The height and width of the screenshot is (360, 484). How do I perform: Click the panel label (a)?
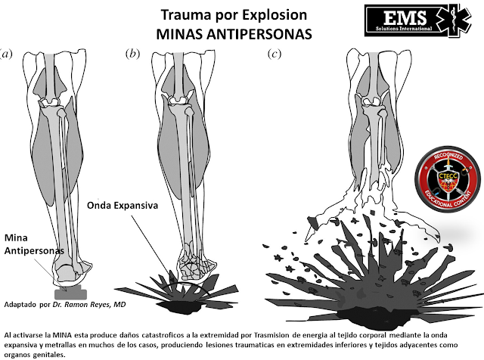tap(6, 54)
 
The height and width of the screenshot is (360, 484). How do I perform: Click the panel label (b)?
tap(132, 54)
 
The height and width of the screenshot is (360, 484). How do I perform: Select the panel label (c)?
tap(275, 54)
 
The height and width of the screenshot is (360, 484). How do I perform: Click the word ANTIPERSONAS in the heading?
tap(259, 34)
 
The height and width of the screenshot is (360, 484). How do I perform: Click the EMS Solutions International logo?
tap(417, 20)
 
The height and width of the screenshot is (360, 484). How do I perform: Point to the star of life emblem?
tap(454, 20)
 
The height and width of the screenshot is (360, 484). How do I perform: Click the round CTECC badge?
tap(449, 179)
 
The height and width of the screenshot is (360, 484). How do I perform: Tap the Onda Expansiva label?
tap(123, 205)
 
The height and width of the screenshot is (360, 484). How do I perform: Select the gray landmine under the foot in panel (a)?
tap(70, 293)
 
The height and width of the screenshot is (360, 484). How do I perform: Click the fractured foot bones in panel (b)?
tap(197, 265)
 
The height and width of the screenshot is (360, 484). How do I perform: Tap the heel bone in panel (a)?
tap(66, 272)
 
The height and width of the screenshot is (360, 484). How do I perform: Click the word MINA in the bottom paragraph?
tap(62, 335)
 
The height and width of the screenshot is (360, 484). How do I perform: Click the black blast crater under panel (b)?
tap(179, 306)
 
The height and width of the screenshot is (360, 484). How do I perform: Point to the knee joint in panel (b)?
tap(178, 101)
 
